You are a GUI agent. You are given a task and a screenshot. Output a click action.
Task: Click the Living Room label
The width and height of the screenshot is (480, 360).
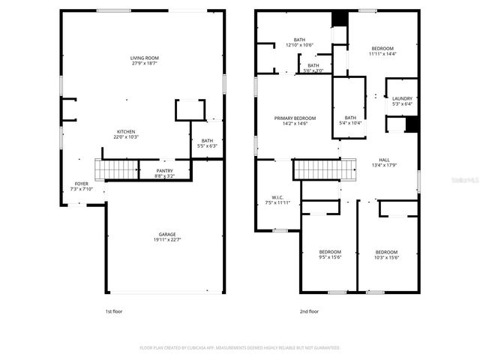click(145, 58)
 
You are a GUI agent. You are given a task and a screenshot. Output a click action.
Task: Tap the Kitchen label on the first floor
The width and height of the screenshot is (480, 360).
click(125, 131)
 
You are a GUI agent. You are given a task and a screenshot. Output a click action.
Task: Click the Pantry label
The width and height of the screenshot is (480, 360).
click(164, 171)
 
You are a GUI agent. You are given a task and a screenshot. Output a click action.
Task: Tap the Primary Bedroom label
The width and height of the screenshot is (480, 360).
click(295, 118)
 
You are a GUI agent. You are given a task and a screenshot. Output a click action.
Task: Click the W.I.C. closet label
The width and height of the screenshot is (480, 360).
click(276, 198)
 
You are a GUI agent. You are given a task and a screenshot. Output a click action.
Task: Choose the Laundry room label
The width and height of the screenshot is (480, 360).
click(402, 98)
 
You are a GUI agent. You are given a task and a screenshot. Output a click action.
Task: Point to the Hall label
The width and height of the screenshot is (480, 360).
click(384, 160)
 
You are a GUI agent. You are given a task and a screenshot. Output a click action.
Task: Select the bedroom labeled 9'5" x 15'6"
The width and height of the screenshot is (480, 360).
click(330, 252)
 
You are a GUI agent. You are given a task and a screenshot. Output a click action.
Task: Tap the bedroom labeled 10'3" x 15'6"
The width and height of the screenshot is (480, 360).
click(386, 252)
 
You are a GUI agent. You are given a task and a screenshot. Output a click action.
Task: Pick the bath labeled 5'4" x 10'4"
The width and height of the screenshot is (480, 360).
click(350, 118)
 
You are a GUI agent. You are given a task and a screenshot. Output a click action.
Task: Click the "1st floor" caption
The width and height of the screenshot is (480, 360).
click(114, 310)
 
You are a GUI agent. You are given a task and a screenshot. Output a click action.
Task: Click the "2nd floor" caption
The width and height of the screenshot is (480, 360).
click(309, 310)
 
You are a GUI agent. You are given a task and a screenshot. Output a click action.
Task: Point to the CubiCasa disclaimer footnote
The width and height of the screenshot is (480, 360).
click(240, 348)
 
